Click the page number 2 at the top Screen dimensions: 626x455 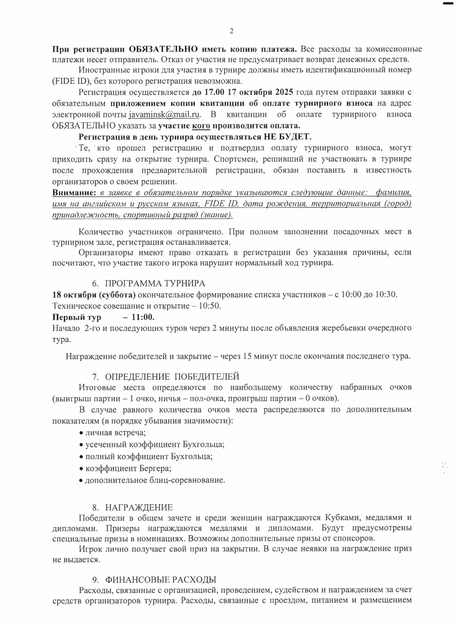coord(231,31)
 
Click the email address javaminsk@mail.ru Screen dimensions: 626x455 coord(164,114)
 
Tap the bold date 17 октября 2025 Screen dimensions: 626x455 coord(249,92)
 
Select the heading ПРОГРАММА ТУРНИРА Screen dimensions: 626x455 coord(155,283)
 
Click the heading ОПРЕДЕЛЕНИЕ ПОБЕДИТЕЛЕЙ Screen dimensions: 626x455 coord(172,377)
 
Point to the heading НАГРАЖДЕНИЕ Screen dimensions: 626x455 coord(138,507)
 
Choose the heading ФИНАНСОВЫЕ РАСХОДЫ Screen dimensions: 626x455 coord(160,579)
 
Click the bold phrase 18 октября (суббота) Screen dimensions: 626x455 coord(94,295)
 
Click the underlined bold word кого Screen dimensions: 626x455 coord(201,126)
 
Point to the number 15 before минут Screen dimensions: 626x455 coord(248,356)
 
